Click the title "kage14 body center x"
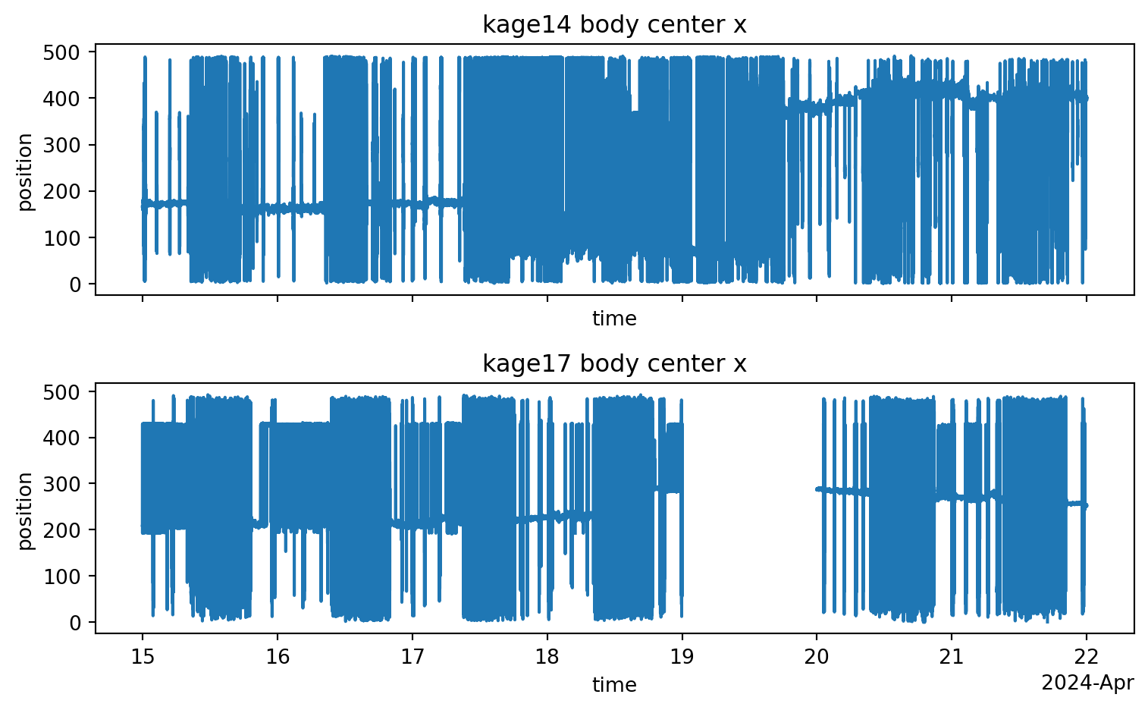(x=614, y=25)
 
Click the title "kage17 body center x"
(x=614, y=364)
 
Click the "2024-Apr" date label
(x=1087, y=683)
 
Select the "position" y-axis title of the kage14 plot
(x=26, y=172)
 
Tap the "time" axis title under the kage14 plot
(x=614, y=319)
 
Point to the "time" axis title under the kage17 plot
(x=614, y=686)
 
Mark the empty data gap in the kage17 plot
(x=749, y=508)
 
